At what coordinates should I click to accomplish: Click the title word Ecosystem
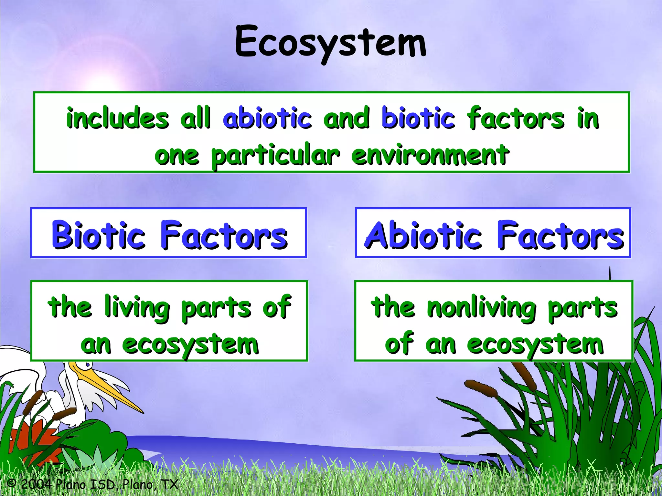tap(330, 42)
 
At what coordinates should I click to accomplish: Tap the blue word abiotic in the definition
tap(267, 118)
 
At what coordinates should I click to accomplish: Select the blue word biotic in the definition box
tap(418, 118)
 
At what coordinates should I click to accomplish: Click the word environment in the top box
tap(430, 155)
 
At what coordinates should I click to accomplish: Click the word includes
tap(117, 118)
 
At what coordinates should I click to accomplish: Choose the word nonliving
tap(481, 307)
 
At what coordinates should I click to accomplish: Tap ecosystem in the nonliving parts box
tap(535, 345)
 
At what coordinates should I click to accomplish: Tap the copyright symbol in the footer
tap(11, 483)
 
